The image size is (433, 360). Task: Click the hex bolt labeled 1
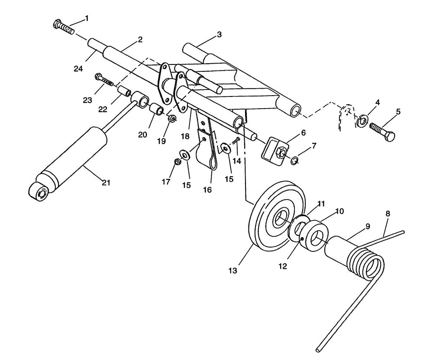coord(63,27)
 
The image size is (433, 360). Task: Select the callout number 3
coord(219,35)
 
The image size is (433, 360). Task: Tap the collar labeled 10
coord(313,234)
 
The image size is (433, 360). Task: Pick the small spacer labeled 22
coord(125,93)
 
